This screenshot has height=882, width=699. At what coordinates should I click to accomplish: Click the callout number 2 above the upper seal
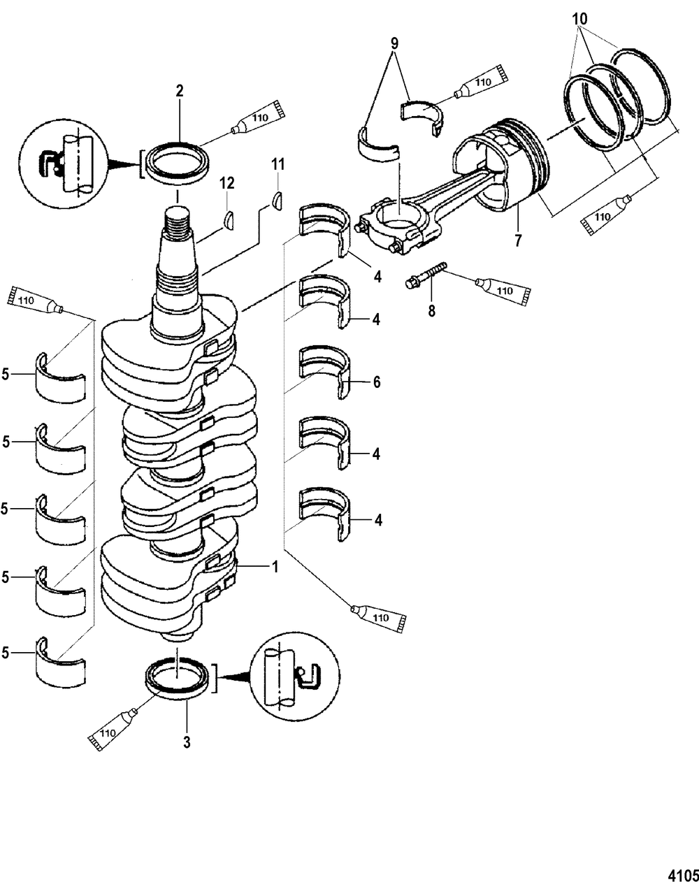pos(180,91)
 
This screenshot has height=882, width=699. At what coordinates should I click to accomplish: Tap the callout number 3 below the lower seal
pos(187,742)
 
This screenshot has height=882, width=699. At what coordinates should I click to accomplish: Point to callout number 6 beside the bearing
pos(376,382)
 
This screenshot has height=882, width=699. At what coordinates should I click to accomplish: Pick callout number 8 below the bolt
pos(432,311)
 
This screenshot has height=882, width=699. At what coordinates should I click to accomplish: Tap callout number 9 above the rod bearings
pos(394,44)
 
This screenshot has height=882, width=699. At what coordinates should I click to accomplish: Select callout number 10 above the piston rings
pos(579,19)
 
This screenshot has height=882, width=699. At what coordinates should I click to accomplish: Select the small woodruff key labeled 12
pos(228,221)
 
